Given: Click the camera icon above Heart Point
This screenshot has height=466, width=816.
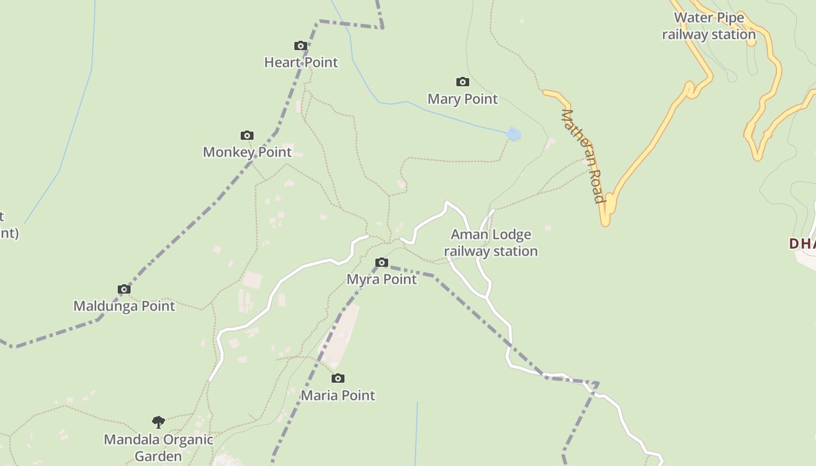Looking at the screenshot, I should (x=301, y=46).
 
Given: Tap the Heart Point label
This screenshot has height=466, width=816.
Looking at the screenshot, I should (x=301, y=62).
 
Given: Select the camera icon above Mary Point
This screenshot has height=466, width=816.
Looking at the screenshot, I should (x=463, y=82).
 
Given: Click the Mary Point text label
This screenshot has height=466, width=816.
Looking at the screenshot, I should (x=463, y=99).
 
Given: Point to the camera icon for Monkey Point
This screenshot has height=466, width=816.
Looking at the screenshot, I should (x=247, y=136).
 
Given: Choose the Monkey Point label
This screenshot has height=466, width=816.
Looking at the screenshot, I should (x=247, y=152).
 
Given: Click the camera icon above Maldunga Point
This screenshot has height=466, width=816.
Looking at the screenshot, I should (x=124, y=290).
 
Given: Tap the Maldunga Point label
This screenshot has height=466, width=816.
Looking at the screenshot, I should (x=124, y=306).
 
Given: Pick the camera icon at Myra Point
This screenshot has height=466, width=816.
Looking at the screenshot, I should (x=382, y=263).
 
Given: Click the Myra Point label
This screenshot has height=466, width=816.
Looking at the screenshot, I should (x=382, y=280).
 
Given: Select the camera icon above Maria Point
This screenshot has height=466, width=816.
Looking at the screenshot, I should (x=338, y=379).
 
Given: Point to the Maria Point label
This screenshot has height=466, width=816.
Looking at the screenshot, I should (x=338, y=396).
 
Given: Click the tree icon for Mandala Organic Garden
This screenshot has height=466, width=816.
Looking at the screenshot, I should (x=158, y=422).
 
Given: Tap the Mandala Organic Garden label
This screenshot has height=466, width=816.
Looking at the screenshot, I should (x=159, y=447).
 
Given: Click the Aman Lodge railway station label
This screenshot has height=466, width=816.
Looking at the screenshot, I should (x=491, y=243).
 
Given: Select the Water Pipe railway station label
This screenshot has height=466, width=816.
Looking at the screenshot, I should (x=709, y=26).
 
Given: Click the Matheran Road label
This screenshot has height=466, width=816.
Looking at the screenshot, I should (x=582, y=156).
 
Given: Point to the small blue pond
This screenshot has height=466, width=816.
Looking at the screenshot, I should (x=513, y=135).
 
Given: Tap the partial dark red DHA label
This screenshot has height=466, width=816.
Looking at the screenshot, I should (x=803, y=243).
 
